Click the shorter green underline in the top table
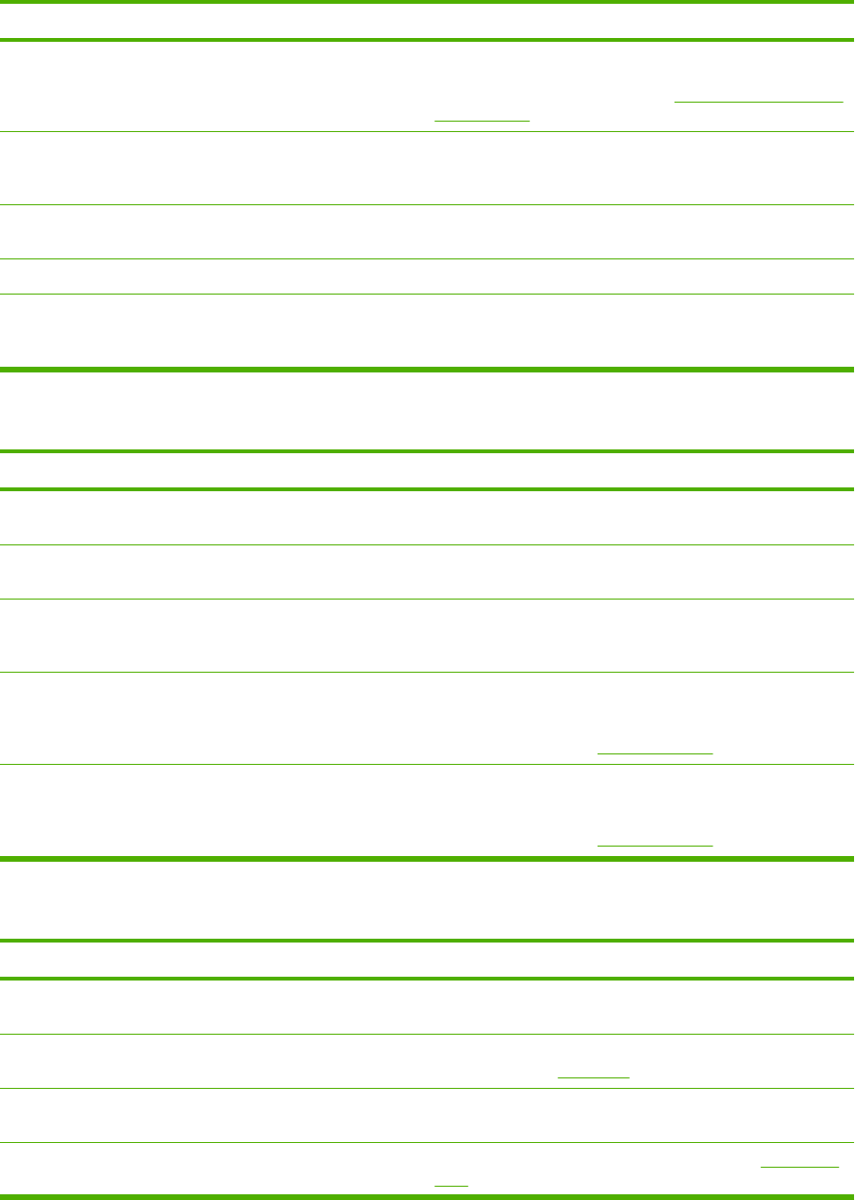point(482,121)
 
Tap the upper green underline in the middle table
point(655,752)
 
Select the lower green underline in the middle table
point(655,844)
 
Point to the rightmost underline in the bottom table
point(807,1165)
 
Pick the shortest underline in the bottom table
point(451,1184)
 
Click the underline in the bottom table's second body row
point(594,1076)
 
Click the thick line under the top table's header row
point(427,40)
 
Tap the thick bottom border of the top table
point(427,369)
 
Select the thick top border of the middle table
point(427,452)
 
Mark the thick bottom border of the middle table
point(427,859)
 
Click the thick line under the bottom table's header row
point(427,979)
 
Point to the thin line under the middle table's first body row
point(427,544)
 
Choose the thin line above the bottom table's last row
point(427,1142)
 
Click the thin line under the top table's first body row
point(427,132)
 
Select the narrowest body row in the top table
point(427,276)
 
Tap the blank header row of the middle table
point(427,471)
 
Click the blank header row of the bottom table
point(427,961)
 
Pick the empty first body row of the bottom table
point(427,1007)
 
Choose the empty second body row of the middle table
point(427,572)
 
